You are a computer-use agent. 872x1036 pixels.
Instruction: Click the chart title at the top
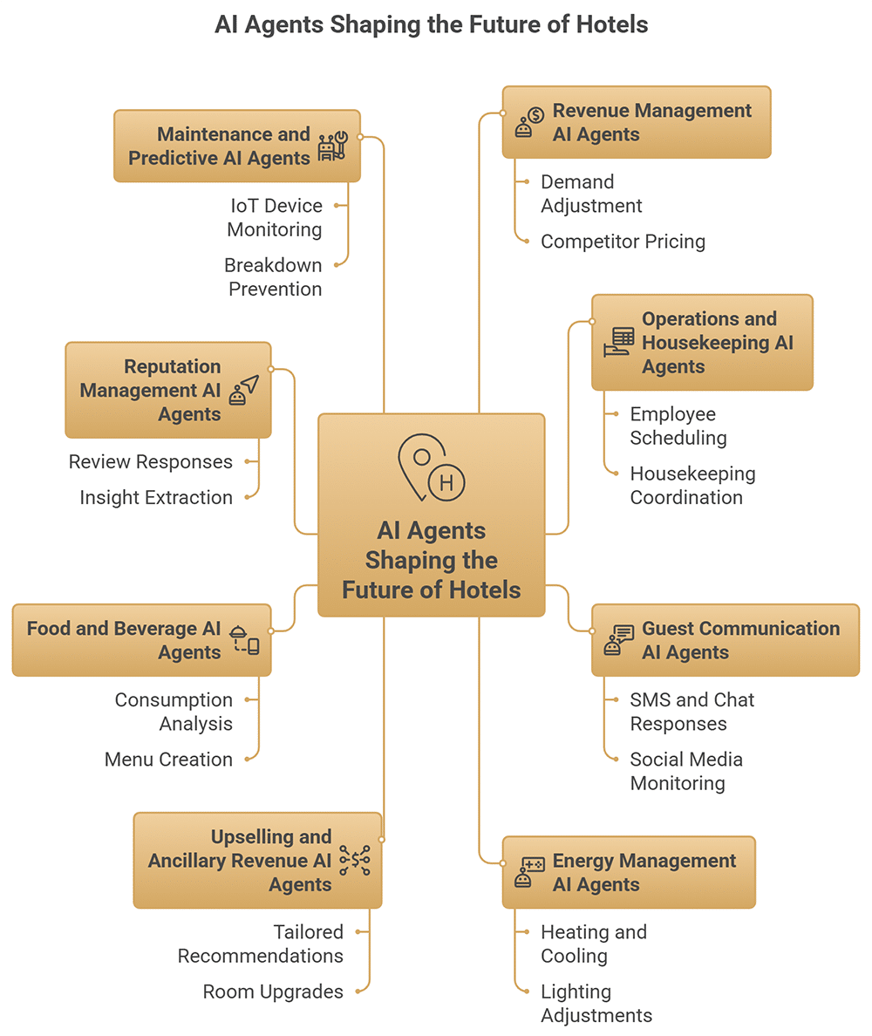pyautogui.click(x=432, y=24)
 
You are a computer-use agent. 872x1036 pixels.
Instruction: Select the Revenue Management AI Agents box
pyautogui.click(x=637, y=122)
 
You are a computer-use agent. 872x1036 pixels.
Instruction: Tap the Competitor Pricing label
pyautogui.click(x=623, y=242)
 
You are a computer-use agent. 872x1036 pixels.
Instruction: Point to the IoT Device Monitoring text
pyautogui.click(x=275, y=218)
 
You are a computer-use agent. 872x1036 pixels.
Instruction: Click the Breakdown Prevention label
pyautogui.click(x=273, y=277)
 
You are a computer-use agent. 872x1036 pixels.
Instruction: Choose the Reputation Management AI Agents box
pyautogui.click(x=167, y=390)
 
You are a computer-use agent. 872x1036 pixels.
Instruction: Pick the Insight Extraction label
pyautogui.click(x=156, y=498)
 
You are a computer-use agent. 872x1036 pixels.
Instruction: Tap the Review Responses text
pyautogui.click(x=151, y=462)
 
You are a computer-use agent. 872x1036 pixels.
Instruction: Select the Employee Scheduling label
pyautogui.click(x=678, y=426)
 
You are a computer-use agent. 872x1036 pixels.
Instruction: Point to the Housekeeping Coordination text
pyautogui.click(x=692, y=486)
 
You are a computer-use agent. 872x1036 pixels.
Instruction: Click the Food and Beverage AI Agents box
pyautogui.click(x=141, y=640)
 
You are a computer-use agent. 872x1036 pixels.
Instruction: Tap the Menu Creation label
pyautogui.click(x=168, y=760)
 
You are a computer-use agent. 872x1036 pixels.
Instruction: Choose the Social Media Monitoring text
pyautogui.click(x=686, y=771)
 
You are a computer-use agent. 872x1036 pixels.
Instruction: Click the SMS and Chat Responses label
pyautogui.click(x=692, y=712)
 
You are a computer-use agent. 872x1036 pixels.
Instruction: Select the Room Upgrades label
pyautogui.click(x=273, y=992)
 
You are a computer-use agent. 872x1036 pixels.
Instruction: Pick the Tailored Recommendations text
pyautogui.click(x=261, y=944)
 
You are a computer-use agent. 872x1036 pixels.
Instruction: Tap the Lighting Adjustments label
pyautogui.click(x=596, y=1004)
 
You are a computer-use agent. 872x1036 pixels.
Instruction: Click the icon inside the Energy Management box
pyautogui.click(x=530, y=872)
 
